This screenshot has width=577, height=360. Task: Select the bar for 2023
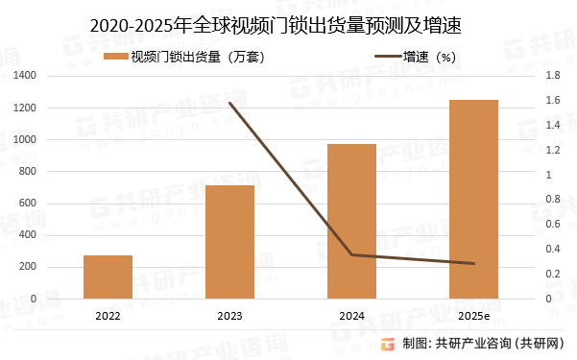229,242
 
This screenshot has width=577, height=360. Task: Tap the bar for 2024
351,221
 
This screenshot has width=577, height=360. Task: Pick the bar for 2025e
473,199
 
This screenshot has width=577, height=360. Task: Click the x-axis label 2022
108,316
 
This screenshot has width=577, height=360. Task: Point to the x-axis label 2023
229,316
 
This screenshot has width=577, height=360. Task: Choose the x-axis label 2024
351,316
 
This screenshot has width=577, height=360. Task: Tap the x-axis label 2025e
473,316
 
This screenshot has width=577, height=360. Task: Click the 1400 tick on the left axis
50,75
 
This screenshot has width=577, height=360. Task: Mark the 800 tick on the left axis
54,171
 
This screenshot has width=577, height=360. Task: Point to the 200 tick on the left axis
54,267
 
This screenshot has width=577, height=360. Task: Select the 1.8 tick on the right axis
552,75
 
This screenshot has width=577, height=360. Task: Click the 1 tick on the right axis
548,175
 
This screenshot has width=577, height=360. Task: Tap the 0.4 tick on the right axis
552,249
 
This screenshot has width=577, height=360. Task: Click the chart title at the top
288,26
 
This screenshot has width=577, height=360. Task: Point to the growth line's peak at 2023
229,103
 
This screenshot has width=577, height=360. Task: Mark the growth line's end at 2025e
473,263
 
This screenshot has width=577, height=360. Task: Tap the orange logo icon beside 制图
388,344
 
